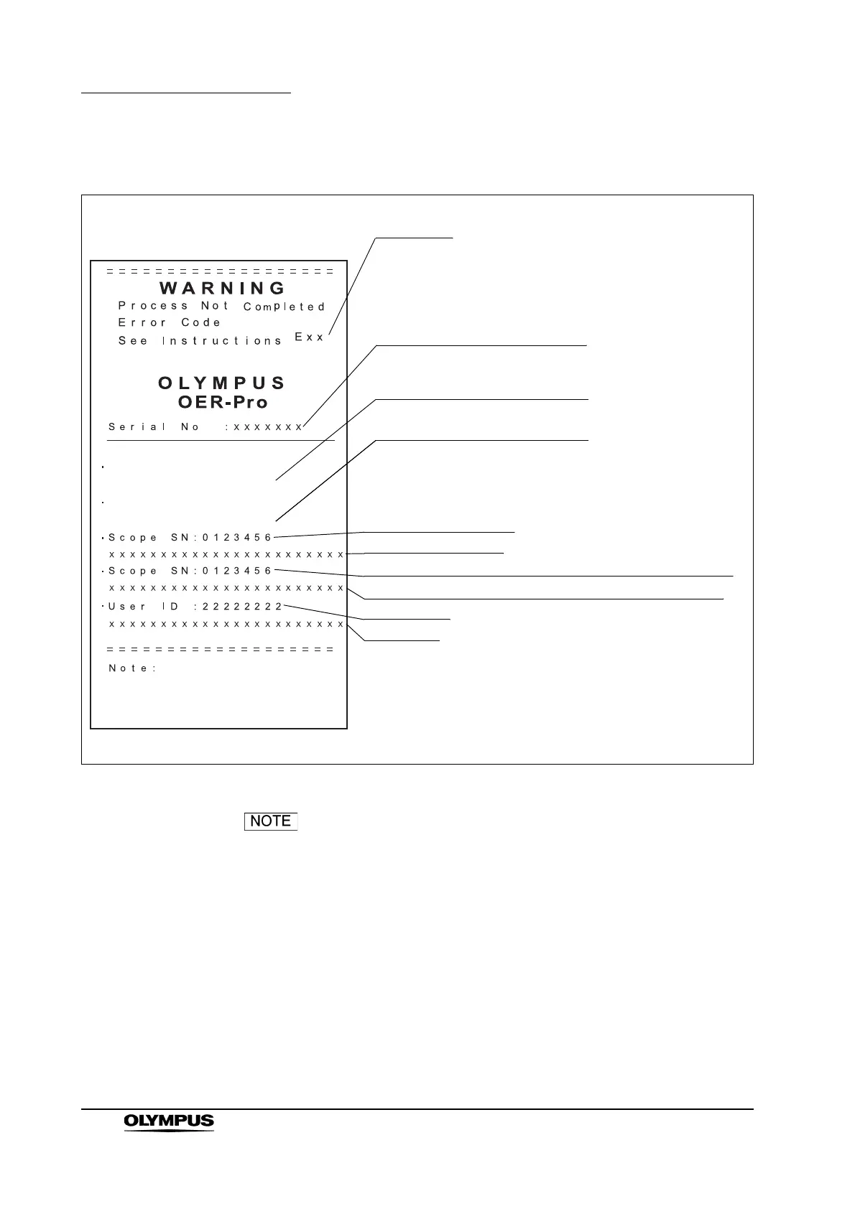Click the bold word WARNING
point(223,289)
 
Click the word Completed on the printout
point(285,307)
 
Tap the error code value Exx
point(310,337)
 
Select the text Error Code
point(170,323)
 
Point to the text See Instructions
point(200,341)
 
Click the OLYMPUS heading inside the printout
point(222,383)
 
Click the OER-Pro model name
point(223,402)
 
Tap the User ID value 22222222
point(243,607)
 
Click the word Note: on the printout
point(133,668)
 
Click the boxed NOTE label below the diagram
point(271,821)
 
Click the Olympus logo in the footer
point(169,1142)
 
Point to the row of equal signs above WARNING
point(220,272)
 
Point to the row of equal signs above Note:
point(220,650)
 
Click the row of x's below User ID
point(226,625)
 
